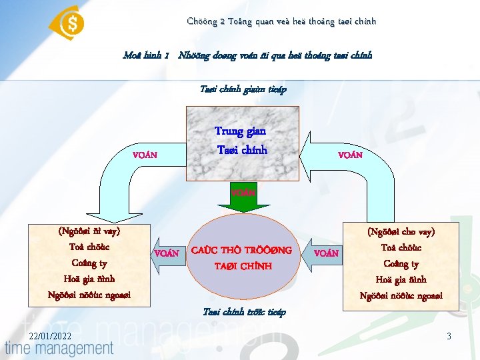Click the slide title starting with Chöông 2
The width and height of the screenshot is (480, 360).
(281, 21)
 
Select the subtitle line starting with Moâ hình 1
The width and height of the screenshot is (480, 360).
(247, 55)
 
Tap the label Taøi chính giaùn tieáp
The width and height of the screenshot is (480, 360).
(243, 89)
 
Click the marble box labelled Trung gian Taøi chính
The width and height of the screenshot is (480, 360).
(241, 141)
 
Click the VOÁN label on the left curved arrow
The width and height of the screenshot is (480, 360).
(145, 155)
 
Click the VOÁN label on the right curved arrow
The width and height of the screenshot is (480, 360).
(350, 155)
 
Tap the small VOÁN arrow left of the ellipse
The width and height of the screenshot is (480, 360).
(165, 253)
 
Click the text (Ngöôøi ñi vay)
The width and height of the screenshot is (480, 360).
(89, 231)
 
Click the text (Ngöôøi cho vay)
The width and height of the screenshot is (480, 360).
(401, 232)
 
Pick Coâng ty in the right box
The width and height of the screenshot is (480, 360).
(401, 264)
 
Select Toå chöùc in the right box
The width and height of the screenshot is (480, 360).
(401, 248)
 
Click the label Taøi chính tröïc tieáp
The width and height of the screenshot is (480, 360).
(243, 313)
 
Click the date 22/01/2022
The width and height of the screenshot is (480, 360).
(41, 336)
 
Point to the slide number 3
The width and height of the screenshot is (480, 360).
(449, 336)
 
